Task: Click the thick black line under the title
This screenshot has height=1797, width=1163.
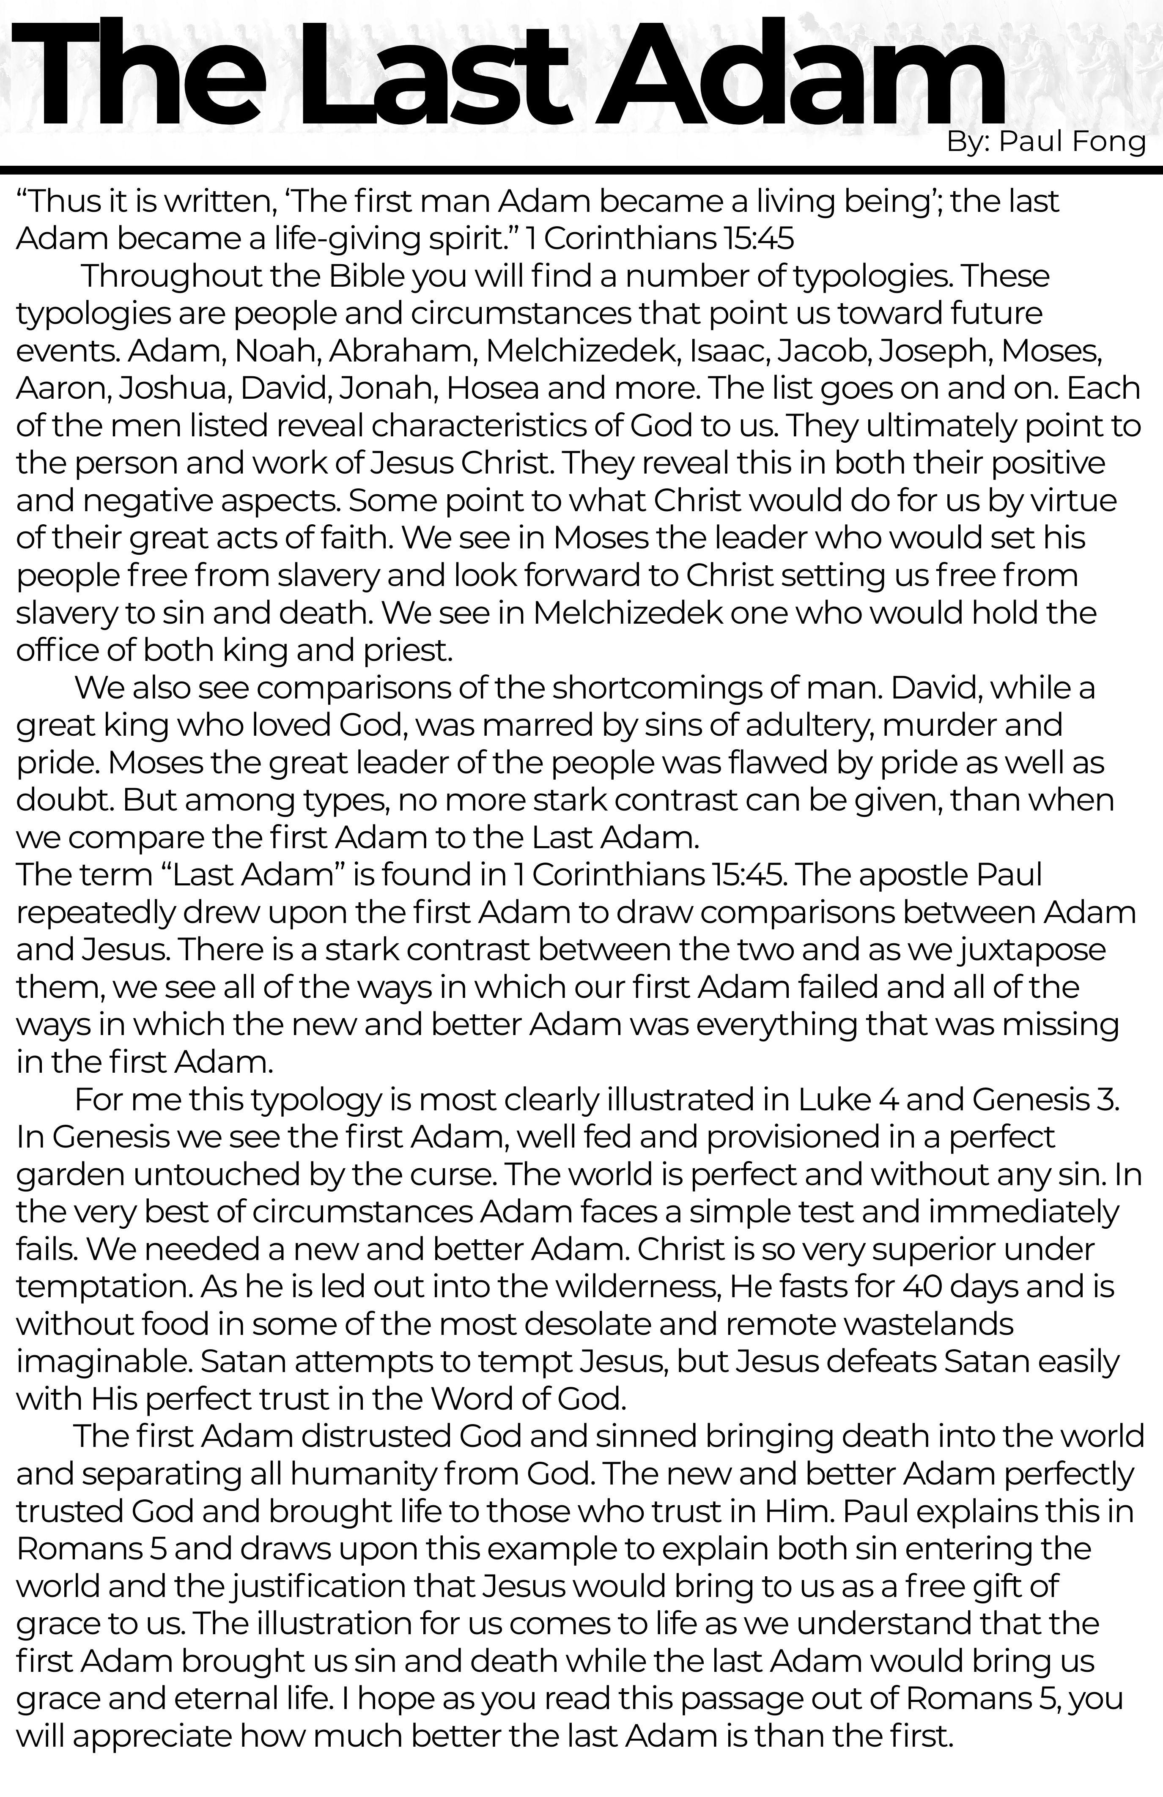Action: [x=581, y=169]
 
